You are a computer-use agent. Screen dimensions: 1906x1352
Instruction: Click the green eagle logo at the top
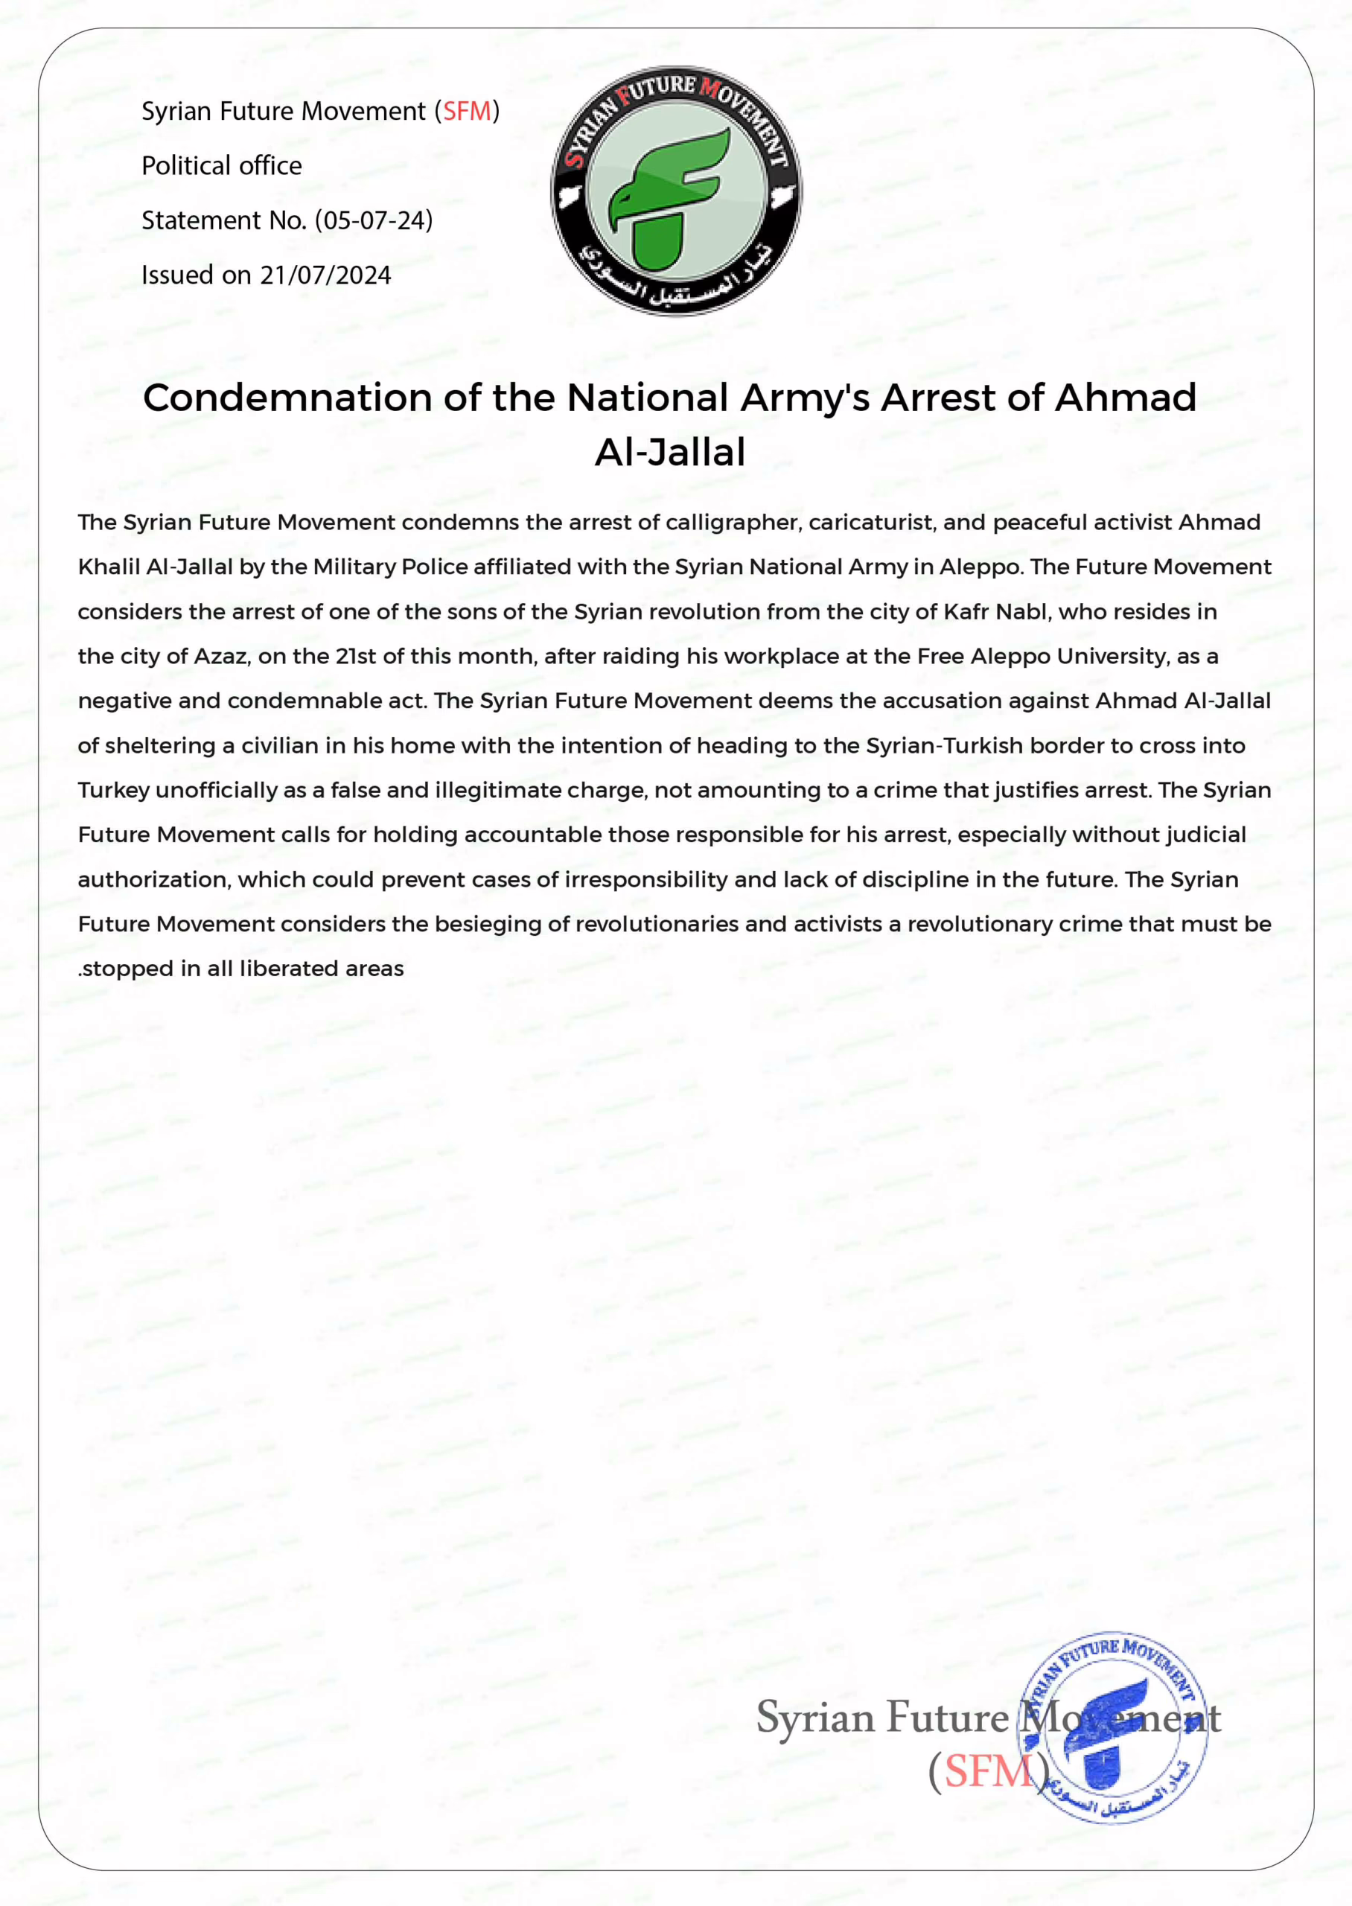pyautogui.click(x=676, y=191)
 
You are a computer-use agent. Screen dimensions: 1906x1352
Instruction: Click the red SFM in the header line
pyautogui.click(x=467, y=111)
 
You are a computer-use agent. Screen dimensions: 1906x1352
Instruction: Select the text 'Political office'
pyautogui.click(x=221, y=165)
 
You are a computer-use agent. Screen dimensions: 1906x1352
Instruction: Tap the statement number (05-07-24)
pyautogui.click(x=374, y=220)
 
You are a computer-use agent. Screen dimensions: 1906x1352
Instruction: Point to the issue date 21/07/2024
pyautogui.click(x=325, y=275)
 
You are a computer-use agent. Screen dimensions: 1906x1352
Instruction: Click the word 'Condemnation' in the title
pyautogui.click(x=287, y=398)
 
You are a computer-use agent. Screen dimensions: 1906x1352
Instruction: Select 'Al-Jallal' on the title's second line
pyautogui.click(x=670, y=453)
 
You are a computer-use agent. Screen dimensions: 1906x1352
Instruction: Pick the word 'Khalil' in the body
pyautogui.click(x=108, y=567)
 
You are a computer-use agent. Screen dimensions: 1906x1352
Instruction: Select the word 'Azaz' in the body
pyautogui.click(x=220, y=657)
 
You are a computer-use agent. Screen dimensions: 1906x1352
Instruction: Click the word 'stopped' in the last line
pyautogui.click(x=127, y=969)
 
